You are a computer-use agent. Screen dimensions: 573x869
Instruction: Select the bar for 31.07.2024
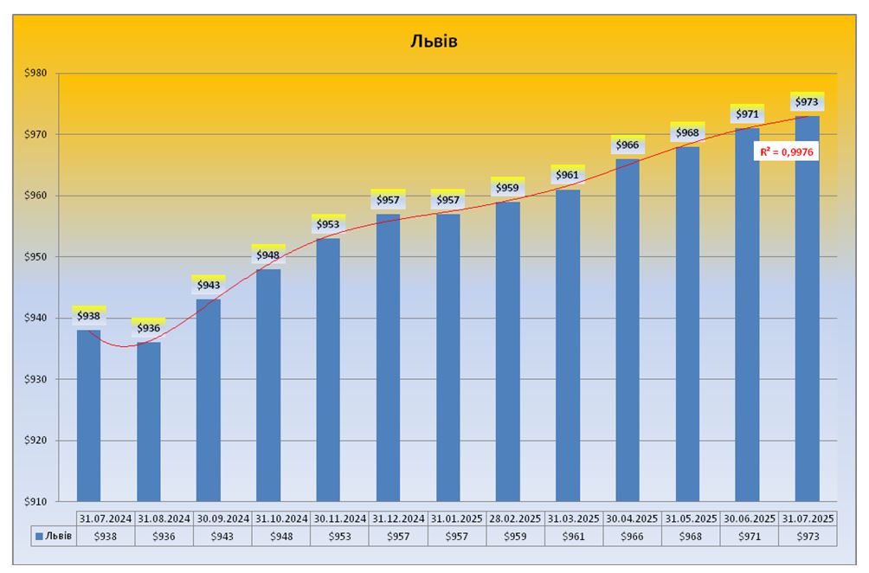(88, 415)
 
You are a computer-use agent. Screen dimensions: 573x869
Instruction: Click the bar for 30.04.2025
(628, 329)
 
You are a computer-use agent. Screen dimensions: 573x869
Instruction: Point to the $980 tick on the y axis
(38, 74)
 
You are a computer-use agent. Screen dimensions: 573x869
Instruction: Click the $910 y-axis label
(38, 501)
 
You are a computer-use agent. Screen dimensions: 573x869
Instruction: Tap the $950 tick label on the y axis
(38, 257)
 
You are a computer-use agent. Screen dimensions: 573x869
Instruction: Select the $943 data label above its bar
(208, 285)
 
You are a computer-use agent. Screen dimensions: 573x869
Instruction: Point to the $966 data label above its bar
(627, 145)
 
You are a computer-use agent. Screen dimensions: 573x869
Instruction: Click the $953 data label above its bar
(327, 224)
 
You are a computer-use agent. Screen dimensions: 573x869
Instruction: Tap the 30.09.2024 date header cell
(224, 518)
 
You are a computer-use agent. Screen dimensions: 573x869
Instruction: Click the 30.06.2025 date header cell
(750, 518)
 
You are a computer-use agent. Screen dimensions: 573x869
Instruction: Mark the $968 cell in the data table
(692, 537)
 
